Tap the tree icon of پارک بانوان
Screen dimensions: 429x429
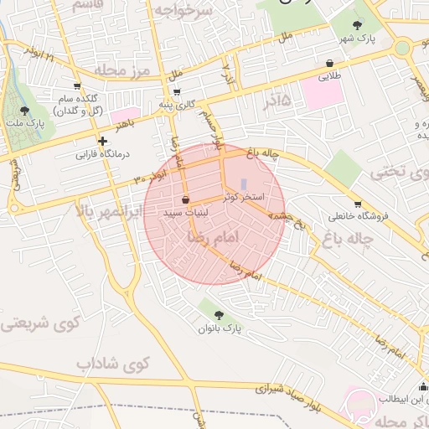click(x=219, y=315)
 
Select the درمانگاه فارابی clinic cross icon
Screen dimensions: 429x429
click(x=102, y=141)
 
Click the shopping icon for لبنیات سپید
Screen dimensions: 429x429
click(x=185, y=200)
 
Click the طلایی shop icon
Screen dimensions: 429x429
click(x=329, y=63)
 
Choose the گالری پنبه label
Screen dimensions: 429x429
click(x=178, y=104)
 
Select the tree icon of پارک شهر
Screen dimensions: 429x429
click(x=359, y=26)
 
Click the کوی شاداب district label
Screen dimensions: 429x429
click(x=111, y=364)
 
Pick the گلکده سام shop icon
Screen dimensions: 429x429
click(x=77, y=86)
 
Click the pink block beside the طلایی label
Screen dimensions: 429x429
click(x=323, y=93)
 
